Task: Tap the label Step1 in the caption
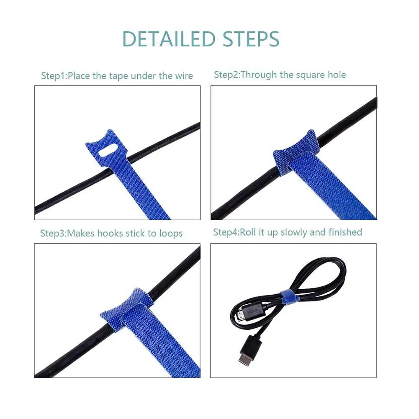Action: coord(53,76)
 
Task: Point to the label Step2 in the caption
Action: coord(226,75)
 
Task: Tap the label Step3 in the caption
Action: coord(52,234)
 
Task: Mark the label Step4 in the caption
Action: coord(226,232)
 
